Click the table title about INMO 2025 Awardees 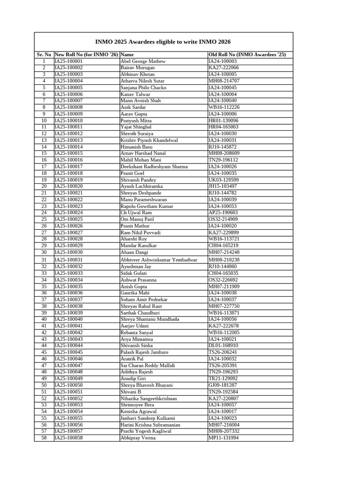pos(163,42)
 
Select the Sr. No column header pos(44,55)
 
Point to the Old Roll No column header pos(247,55)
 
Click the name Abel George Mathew pos(143,61)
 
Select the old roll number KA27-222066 pos(224,67)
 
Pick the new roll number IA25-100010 pos(69,120)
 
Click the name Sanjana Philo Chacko pos(143,87)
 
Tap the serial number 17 pos(44,166)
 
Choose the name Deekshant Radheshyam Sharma pos(154,166)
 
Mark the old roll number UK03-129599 pos(224,180)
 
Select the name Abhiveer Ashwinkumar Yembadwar pos(159,260)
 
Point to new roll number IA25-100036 pos(69,293)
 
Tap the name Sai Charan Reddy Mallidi pos(148,365)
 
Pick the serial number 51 pos(44,392)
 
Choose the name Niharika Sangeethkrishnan pos(149,398)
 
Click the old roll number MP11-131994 pos(224,438)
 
